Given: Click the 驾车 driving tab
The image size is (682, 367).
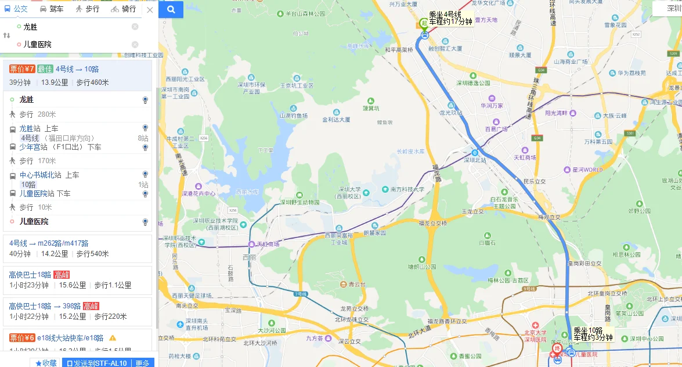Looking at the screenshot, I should (x=52, y=9).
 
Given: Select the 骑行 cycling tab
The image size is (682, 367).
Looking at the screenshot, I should (x=123, y=9).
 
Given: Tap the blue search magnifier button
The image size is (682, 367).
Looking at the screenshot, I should (x=171, y=9).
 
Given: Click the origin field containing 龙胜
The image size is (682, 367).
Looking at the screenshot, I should (x=70, y=27).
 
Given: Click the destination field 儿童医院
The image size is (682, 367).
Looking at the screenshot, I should (x=70, y=44).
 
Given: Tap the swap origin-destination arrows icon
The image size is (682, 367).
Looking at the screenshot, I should (x=7, y=35).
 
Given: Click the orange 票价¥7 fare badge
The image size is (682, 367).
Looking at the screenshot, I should (x=22, y=69).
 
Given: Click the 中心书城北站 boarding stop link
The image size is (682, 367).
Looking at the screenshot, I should (x=41, y=175).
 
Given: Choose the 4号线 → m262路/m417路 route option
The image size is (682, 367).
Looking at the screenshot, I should (x=49, y=243).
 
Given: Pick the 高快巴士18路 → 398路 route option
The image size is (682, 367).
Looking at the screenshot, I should (x=45, y=306).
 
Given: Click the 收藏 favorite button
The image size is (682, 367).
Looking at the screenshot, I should (x=46, y=363).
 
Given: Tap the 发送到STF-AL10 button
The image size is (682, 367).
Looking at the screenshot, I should (x=97, y=363).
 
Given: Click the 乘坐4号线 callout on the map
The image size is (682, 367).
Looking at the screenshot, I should (x=450, y=18).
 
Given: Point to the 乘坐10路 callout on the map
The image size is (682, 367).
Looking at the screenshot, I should (x=592, y=334).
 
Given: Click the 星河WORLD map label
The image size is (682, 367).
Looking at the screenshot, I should (x=587, y=170).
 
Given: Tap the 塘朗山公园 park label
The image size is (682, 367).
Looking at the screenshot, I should (x=422, y=267).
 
